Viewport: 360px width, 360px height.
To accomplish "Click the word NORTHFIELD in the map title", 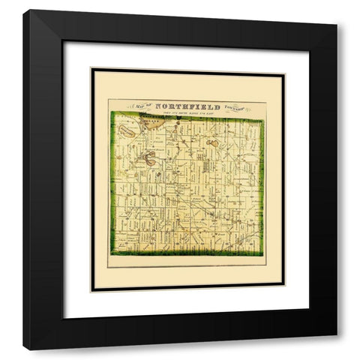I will click(187, 107).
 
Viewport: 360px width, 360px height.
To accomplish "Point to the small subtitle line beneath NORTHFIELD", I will click(187, 114).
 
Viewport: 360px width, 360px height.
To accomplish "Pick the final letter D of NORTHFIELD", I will click(217, 107).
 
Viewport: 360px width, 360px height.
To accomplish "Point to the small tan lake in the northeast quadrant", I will click(213, 139).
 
